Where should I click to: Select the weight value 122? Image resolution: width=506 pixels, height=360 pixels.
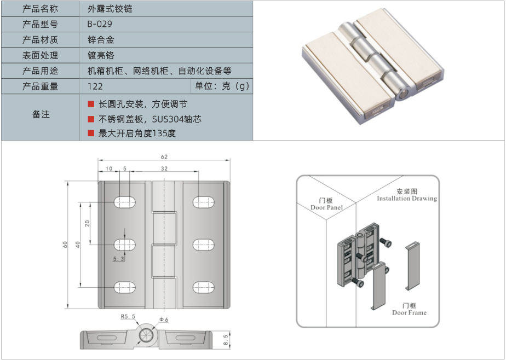[x=95, y=86]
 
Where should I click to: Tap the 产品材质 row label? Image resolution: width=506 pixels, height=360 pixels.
[x=40, y=40]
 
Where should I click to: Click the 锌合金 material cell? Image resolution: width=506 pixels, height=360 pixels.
[x=101, y=40]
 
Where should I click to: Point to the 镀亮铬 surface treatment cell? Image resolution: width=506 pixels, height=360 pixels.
[x=101, y=55]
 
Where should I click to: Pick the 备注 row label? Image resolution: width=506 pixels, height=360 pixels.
[x=41, y=114]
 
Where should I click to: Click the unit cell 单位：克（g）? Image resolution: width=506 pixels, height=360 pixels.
[x=222, y=86]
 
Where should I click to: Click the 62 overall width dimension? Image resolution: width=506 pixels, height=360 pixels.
[x=164, y=156]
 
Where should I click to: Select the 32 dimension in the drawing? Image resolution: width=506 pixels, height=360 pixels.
[x=164, y=169]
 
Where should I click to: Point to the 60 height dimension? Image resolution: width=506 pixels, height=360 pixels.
[x=65, y=245]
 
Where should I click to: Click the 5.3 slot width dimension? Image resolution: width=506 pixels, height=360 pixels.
[x=118, y=259]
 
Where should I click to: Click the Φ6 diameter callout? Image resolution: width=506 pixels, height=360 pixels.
[x=163, y=320]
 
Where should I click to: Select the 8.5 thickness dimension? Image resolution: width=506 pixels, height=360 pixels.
[x=226, y=340]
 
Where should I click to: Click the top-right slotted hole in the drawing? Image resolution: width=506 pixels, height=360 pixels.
[x=203, y=202]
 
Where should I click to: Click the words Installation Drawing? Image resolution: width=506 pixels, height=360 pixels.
[x=407, y=199]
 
